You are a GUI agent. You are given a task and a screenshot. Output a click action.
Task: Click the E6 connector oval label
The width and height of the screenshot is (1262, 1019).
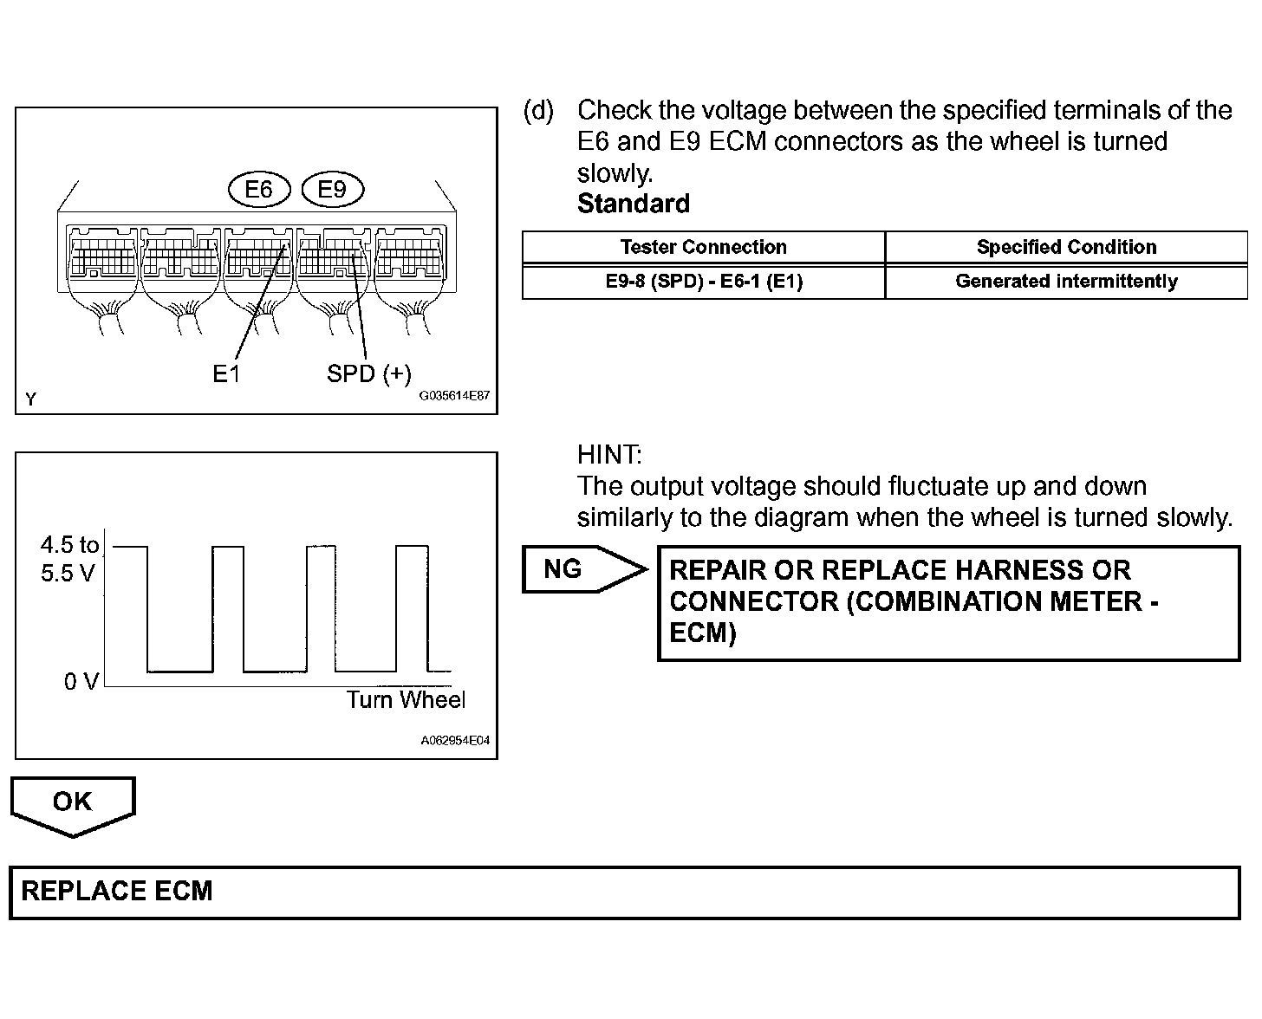258,190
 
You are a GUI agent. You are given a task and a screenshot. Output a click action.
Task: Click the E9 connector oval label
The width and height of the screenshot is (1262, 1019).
332,190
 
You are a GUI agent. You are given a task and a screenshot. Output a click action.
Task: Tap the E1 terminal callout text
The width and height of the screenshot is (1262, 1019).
226,373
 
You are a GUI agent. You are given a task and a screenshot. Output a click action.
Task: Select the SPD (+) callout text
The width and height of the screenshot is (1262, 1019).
368,373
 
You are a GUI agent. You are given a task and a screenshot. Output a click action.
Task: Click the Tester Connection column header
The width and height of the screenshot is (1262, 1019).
703,247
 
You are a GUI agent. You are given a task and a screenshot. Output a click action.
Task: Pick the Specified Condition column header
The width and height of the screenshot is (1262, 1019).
1066,247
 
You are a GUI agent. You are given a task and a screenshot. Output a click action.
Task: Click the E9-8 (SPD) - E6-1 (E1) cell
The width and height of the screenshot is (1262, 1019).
703,282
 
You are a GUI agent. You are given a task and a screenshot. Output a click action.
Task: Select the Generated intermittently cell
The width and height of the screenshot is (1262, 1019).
1066,282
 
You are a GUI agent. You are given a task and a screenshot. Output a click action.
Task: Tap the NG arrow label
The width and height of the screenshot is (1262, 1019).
563,569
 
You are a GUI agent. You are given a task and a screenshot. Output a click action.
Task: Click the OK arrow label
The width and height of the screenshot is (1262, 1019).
72,802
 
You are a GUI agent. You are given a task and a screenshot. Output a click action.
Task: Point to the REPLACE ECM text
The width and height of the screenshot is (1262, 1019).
117,892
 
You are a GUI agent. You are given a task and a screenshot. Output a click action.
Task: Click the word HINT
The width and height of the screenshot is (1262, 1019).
609,454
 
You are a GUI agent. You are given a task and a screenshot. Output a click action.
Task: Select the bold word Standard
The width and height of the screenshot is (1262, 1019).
634,204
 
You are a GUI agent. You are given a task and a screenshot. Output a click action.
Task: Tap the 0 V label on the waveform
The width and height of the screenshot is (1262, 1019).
81,682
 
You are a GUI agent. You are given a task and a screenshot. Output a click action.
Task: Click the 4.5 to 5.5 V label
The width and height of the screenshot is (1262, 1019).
69,559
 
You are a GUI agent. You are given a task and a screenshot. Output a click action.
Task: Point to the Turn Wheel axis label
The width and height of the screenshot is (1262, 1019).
406,700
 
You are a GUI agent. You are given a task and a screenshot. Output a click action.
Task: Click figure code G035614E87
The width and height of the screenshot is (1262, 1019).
454,396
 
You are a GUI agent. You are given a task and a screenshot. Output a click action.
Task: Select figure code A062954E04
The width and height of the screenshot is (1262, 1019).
455,741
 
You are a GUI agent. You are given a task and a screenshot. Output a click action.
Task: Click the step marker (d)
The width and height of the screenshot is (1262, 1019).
538,110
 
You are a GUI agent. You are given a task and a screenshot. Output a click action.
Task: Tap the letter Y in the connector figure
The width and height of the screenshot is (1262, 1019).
31,399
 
